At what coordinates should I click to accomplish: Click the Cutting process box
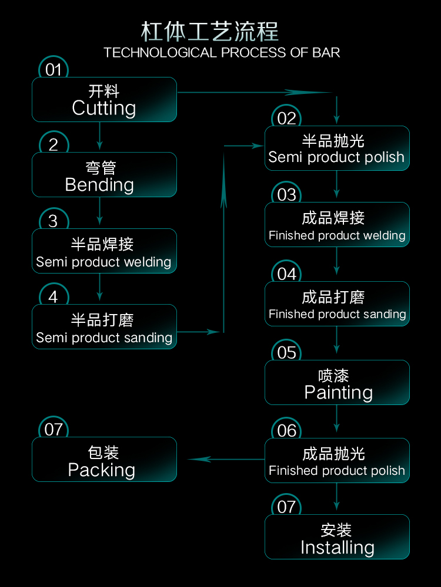[x=104, y=100]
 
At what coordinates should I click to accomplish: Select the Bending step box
[x=104, y=175]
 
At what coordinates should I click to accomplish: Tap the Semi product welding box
[x=104, y=251]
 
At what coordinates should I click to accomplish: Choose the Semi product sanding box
[x=104, y=327]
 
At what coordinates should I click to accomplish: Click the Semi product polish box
[x=337, y=149]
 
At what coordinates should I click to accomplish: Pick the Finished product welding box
[x=337, y=225]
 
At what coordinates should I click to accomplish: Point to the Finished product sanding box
[x=337, y=303]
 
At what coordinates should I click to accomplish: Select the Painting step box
[x=337, y=382]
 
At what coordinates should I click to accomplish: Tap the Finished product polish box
[x=337, y=460]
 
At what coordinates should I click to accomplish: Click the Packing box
[x=104, y=460]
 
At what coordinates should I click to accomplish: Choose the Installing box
[x=337, y=537]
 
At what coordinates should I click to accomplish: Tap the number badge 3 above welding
[x=54, y=221]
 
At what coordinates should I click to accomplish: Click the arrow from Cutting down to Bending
[x=99, y=136]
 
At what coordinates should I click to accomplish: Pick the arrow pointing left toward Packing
[x=226, y=459]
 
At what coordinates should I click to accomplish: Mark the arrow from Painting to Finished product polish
[x=336, y=419]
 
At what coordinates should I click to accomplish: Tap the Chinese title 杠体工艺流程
[x=210, y=32]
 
